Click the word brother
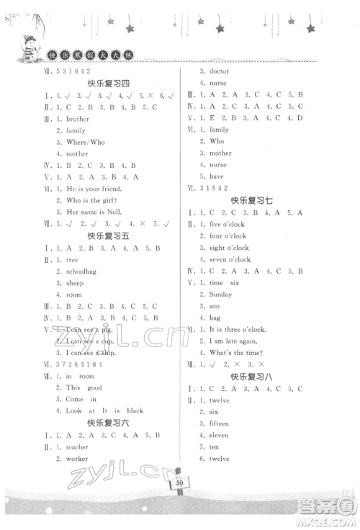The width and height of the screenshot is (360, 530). (78, 119)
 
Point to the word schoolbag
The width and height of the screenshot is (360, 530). (83, 271)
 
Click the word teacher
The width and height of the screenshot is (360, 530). (78, 446)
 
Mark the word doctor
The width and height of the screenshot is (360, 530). (219, 72)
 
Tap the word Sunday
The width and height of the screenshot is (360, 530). (221, 295)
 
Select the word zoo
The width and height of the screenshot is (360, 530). (215, 306)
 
